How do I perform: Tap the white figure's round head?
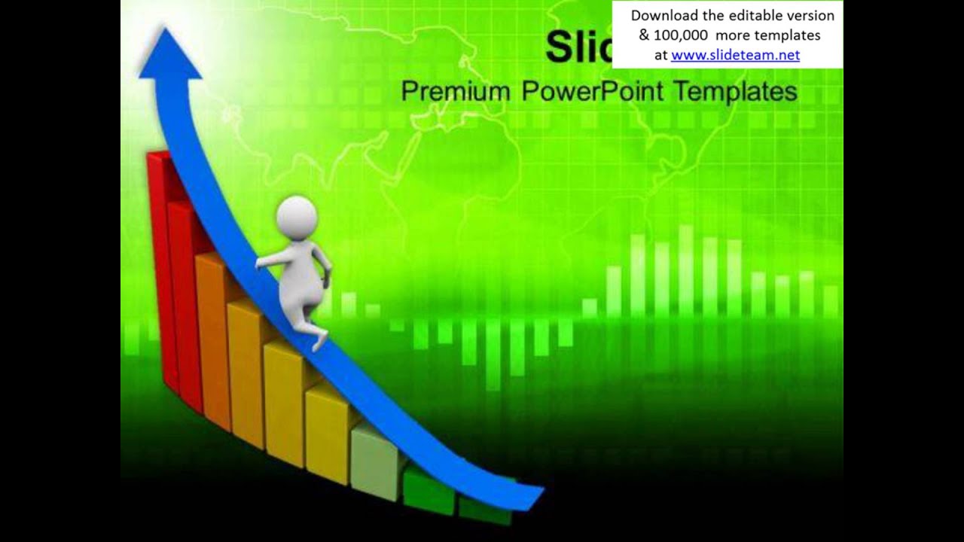[297, 217]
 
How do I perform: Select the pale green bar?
[376, 463]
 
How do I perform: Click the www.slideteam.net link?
[735, 54]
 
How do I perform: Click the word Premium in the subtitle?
[455, 92]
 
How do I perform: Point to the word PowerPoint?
[593, 92]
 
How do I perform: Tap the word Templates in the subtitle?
[735, 92]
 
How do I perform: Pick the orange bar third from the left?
[212, 339]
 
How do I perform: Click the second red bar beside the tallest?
[183, 301]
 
